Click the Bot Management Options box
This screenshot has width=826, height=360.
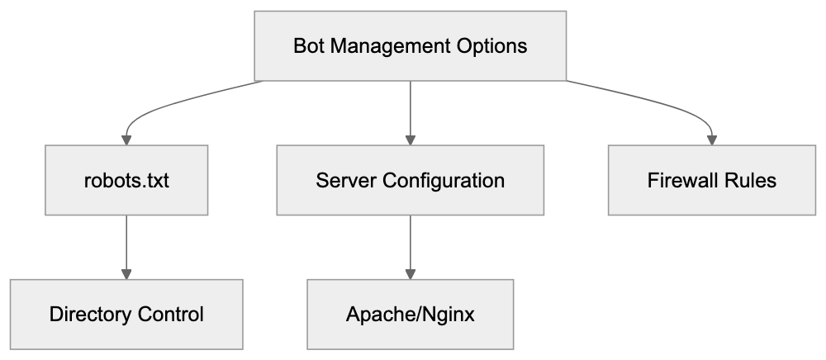coord(411,45)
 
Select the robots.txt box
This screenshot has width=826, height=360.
coord(126,180)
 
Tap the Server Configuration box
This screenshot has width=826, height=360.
coord(411,180)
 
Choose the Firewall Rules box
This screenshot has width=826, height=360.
coord(712,180)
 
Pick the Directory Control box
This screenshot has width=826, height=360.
coord(126,314)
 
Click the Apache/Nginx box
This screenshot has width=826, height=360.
coord(411,314)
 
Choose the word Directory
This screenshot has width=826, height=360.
coord(90,314)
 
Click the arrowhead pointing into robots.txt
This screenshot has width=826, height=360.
coord(126,140)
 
